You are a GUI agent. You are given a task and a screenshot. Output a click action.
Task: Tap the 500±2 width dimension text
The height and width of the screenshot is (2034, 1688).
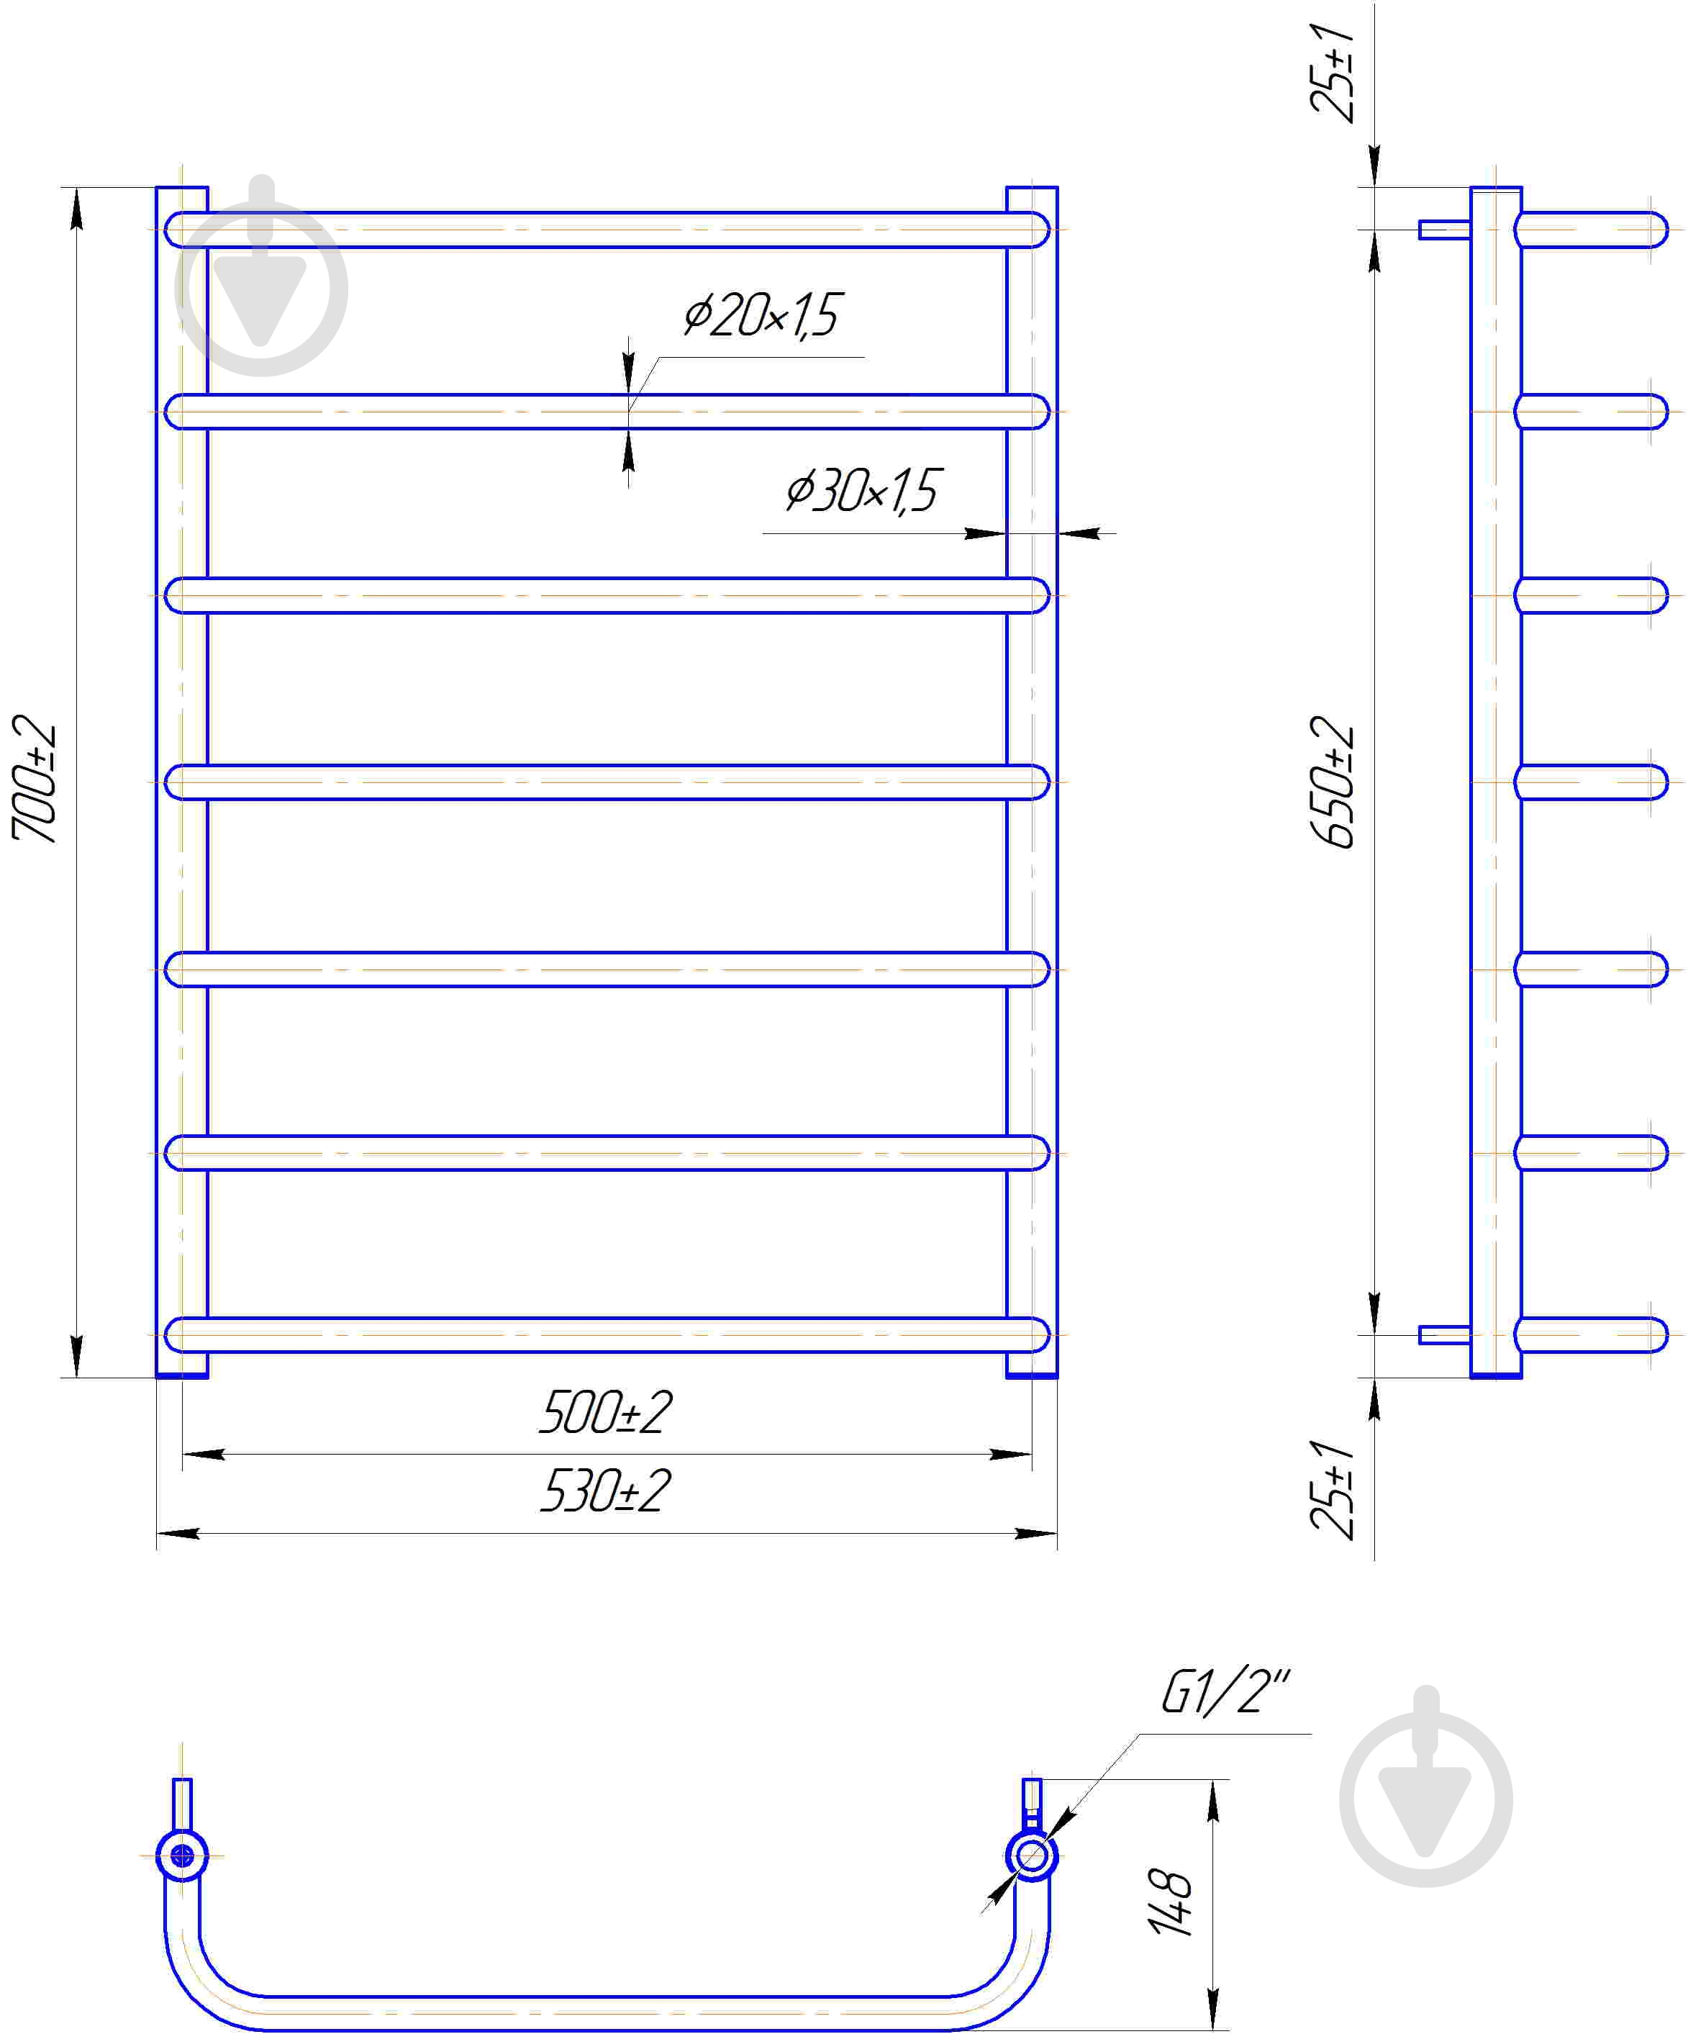point(605,1413)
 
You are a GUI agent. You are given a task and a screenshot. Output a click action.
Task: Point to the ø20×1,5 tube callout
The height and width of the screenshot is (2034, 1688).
point(761,315)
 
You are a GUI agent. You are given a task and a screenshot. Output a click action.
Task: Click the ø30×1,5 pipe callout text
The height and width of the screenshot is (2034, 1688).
point(861,491)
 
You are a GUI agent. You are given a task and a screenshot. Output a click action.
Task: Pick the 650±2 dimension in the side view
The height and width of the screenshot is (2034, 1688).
point(1333,782)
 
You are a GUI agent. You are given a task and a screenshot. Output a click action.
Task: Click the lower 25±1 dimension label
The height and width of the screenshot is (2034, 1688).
point(1333,1490)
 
